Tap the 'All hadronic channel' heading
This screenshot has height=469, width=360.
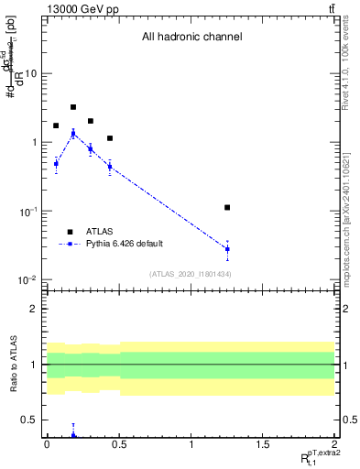click(x=191, y=38)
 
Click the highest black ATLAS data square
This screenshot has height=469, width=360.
click(x=73, y=107)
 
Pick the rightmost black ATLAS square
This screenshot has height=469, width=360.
click(x=227, y=208)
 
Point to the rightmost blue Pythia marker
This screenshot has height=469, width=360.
click(x=227, y=248)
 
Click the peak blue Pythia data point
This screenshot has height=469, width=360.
click(x=73, y=134)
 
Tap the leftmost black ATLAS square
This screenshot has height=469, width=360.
click(x=56, y=125)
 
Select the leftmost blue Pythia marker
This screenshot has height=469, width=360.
click(x=56, y=164)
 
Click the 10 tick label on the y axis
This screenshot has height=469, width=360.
click(x=29, y=73)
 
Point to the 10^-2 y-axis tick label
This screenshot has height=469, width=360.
click(x=27, y=280)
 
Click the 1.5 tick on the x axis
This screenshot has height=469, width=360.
click(x=263, y=444)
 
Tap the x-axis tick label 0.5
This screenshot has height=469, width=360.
click(x=119, y=444)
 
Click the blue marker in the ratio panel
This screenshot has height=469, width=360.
click(x=73, y=434)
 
